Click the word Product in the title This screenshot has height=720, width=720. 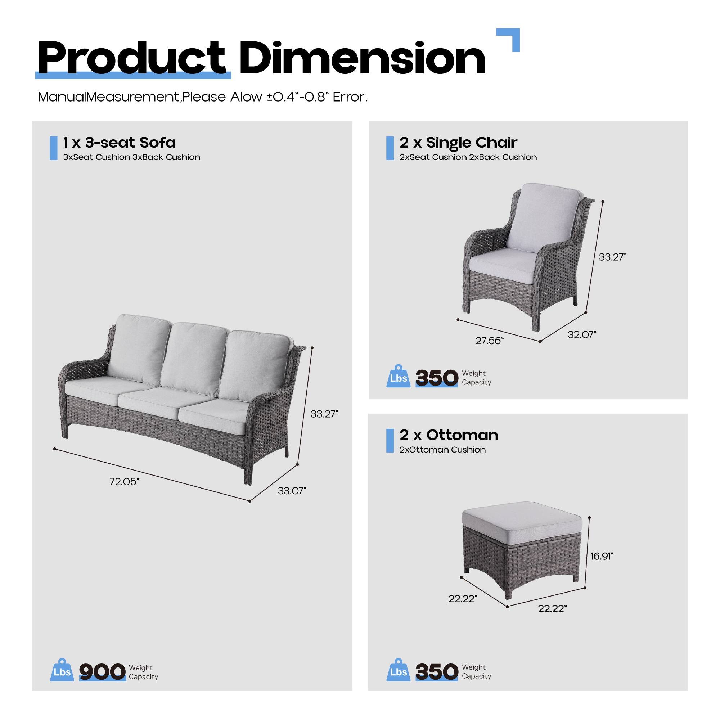[x=131, y=59]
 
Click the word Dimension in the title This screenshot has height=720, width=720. [x=362, y=59]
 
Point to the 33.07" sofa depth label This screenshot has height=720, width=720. [x=292, y=491]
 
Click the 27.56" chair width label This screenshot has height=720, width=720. [x=489, y=341]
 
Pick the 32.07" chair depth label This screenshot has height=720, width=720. [x=582, y=335]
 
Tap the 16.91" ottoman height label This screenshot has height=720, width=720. [x=602, y=557]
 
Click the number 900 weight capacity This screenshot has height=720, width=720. [x=102, y=671]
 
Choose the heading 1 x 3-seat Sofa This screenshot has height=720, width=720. [x=119, y=142]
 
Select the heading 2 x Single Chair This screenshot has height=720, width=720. [x=458, y=142]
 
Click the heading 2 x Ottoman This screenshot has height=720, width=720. [x=449, y=435]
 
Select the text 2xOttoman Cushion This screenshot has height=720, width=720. [x=443, y=450]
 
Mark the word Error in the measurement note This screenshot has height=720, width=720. [x=350, y=97]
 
